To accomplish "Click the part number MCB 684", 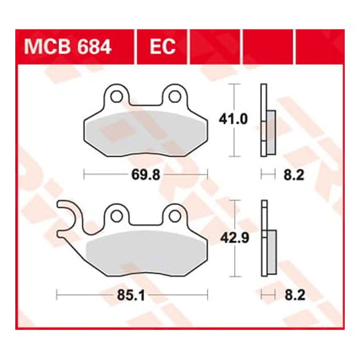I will click(x=67, y=46).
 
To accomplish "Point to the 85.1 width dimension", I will click(x=131, y=295).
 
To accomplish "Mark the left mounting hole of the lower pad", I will click(x=117, y=214).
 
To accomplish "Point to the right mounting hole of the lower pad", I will click(x=174, y=214).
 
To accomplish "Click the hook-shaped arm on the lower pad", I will click(x=71, y=218).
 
